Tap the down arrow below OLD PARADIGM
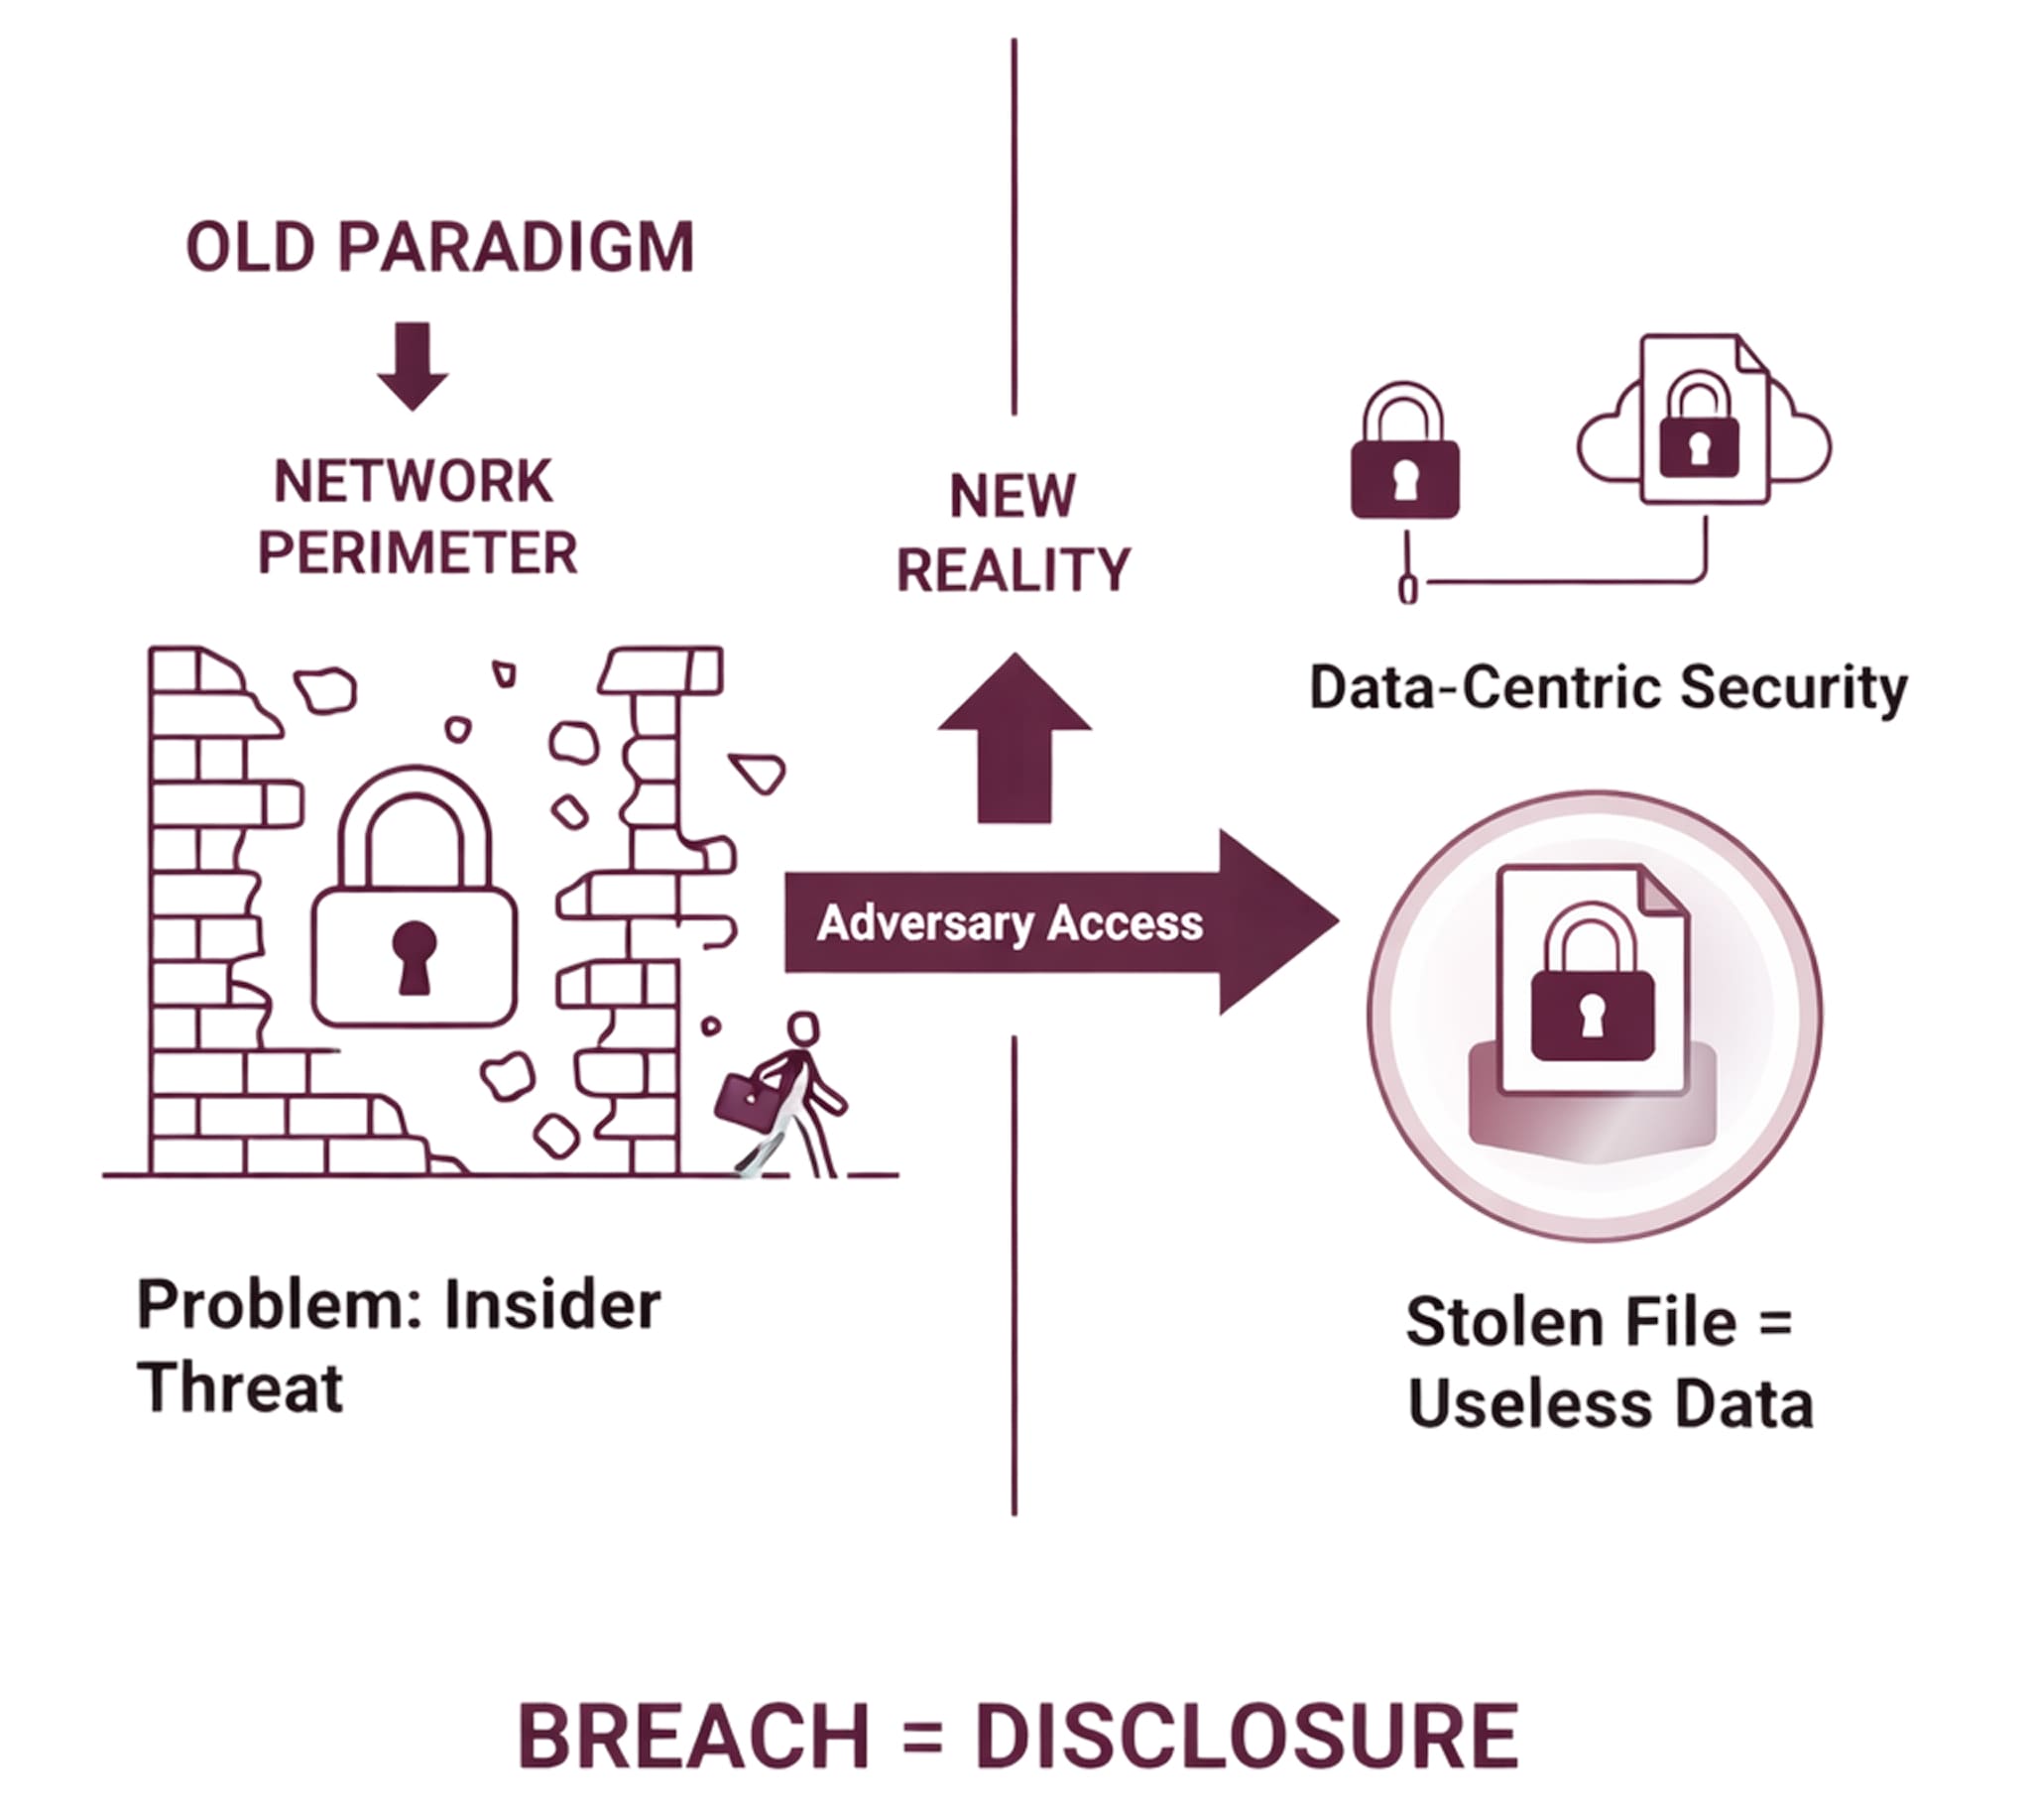click(x=412, y=365)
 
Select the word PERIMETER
click(x=417, y=553)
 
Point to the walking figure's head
click(x=802, y=1028)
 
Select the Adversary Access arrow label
click(x=1009, y=923)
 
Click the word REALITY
click(x=1013, y=570)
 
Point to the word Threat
click(x=240, y=1388)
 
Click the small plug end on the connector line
click(x=1407, y=589)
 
